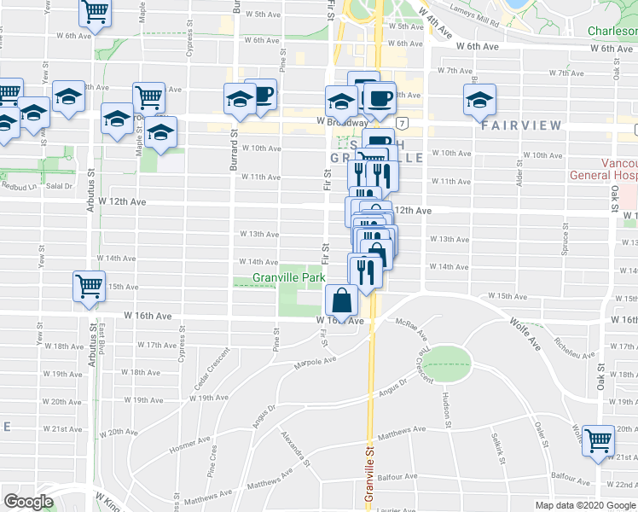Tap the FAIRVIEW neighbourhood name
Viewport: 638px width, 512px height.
(520, 125)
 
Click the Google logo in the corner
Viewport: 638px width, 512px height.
(28, 502)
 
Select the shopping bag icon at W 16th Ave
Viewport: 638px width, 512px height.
(341, 300)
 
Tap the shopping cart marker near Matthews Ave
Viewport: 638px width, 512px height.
(598, 440)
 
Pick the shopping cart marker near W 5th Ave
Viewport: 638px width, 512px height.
(95, 12)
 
